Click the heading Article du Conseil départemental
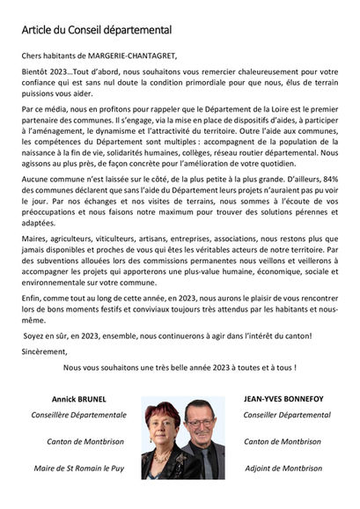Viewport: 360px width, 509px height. [97, 30]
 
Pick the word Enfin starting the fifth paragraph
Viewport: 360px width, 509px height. [34, 299]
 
